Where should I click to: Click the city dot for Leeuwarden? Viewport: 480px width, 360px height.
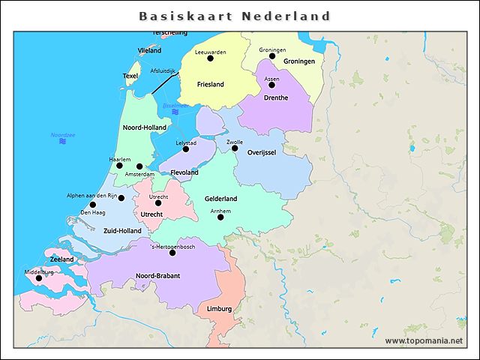(x=210, y=58)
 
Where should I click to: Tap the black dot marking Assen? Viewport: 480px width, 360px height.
(x=272, y=85)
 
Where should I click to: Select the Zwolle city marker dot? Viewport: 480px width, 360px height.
(x=235, y=148)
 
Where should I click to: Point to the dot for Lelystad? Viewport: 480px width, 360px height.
(x=186, y=148)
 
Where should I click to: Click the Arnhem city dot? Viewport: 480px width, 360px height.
(x=220, y=217)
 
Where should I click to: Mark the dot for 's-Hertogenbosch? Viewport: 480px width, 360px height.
(x=172, y=253)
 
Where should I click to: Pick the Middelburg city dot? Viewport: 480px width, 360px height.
(x=39, y=278)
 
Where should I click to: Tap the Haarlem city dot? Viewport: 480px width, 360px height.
(x=119, y=166)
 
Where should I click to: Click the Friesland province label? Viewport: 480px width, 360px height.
(x=210, y=85)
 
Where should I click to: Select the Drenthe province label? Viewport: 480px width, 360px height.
(x=275, y=97)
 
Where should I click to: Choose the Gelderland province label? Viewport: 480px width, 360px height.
(x=220, y=199)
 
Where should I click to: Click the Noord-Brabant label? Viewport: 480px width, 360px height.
(x=157, y=276)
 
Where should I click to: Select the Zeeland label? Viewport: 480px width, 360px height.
(x=62, y=259)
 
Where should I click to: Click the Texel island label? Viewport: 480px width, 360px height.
(x=130, y=76)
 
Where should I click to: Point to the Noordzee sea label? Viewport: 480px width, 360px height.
(x=63, y=135)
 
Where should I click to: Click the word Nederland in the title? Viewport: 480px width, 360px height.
(x=286, y=16)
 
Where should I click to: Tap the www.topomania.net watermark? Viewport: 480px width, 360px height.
(x=424, y=340)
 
